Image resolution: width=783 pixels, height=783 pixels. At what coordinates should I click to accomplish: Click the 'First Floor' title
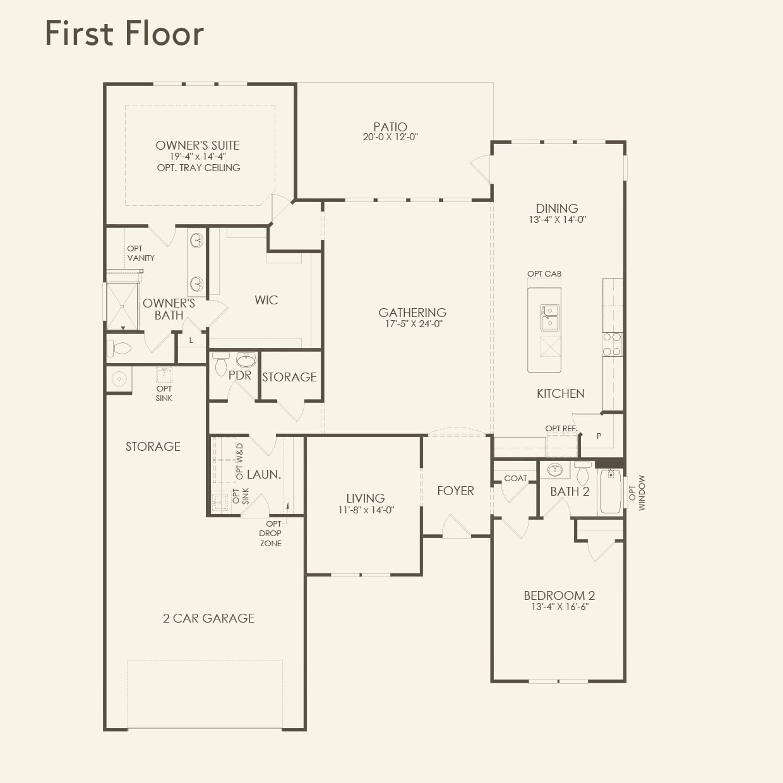pos(124,33)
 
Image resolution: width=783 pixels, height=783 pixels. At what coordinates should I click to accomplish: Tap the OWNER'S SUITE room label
pos(198,145)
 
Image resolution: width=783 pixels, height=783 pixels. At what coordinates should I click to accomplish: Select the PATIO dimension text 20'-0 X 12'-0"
pos(390,137)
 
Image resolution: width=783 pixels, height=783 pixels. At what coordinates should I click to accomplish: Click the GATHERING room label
pos(412,313)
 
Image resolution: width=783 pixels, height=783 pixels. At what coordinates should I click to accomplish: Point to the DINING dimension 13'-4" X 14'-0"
pos(558,220)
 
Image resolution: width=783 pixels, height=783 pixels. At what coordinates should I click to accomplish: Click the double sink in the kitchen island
pos(549,318)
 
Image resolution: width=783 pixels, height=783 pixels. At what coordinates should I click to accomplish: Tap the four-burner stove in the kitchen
pos(612,344)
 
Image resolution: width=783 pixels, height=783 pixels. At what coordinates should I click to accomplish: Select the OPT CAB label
pos(544,273)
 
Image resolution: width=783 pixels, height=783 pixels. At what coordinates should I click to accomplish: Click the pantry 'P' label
pos(599,436)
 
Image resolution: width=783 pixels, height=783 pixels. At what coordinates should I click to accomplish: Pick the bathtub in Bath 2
pos(611,491)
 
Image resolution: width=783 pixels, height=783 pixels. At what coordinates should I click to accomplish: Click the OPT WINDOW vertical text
pos(637,493)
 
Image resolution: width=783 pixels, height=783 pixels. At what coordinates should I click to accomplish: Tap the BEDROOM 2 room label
pos(559,595)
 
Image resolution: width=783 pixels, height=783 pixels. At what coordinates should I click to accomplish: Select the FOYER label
pos(455,491)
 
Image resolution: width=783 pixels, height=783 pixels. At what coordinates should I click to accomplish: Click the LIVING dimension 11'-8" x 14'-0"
pos(366,510)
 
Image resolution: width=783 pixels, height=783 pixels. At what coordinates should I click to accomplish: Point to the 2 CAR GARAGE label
pos(208,618)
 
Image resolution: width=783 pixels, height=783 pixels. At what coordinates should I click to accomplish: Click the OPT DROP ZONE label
pos(272,534)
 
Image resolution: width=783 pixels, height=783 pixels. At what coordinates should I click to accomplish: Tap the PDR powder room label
pos(240,375)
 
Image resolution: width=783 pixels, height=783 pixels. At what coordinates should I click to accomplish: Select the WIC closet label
pos(266,300)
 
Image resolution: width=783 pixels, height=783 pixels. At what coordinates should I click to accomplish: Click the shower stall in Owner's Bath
pos(122,306)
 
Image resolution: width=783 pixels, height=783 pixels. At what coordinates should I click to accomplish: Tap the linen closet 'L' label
pos(191,340)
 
